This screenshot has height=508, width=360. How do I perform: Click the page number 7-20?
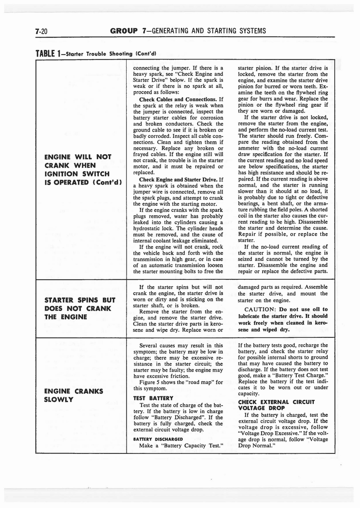tap(41, 31)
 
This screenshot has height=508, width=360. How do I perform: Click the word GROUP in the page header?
tap(123, 31)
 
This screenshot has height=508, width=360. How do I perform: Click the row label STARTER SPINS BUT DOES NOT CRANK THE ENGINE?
tap(79, 309)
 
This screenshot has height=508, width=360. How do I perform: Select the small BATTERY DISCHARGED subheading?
tap(154, 438)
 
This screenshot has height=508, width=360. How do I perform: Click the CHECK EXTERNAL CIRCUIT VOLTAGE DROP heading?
tap(277, 405)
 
